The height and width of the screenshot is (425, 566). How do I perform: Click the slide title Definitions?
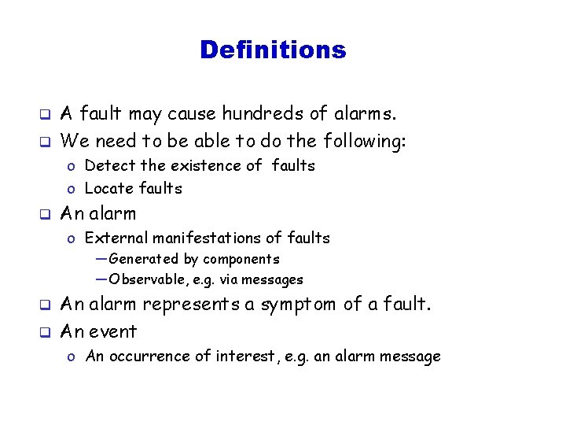tap(272, 50)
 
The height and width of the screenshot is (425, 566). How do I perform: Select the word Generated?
tap(143, 259)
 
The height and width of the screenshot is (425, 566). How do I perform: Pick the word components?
tap(241, 259)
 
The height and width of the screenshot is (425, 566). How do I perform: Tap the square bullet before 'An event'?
tap(46, 332)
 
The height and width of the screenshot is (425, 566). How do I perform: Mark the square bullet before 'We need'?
tap(46, 142)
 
